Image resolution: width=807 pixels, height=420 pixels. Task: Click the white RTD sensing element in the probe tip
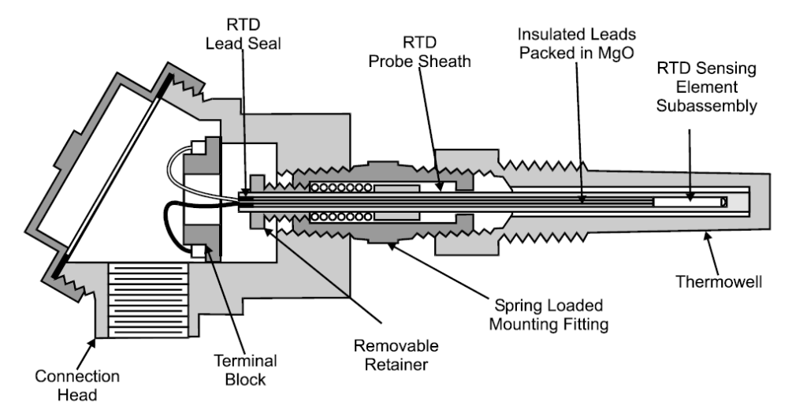(688, 203)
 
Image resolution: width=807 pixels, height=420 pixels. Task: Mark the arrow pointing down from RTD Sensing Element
(690, 158)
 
